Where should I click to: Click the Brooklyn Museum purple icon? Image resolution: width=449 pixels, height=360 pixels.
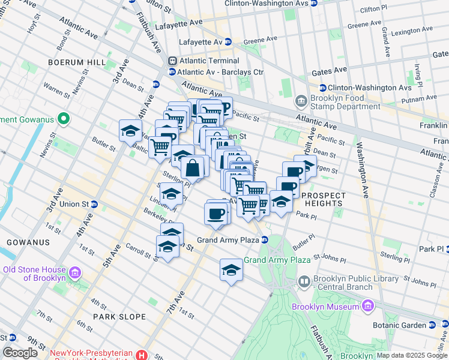pos(367,307)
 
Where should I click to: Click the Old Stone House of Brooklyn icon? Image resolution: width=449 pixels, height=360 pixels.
pos(76,274)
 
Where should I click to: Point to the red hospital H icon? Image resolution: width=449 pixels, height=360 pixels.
pos(141,355)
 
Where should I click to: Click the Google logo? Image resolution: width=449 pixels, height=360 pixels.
pos(20,353)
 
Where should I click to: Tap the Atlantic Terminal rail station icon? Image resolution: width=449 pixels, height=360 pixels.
pos(173,61)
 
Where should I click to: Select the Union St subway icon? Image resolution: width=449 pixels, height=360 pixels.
pos(94,204)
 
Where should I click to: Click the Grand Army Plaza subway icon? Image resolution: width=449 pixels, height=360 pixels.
pos(264,240)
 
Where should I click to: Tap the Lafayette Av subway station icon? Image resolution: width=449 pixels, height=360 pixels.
pos(228,42)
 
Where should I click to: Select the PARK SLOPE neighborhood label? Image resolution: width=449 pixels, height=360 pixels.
pos(119,316)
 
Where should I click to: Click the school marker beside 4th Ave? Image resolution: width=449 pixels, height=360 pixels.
pos(130,130)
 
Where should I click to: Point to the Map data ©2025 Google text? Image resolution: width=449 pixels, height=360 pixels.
pos(412,355)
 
